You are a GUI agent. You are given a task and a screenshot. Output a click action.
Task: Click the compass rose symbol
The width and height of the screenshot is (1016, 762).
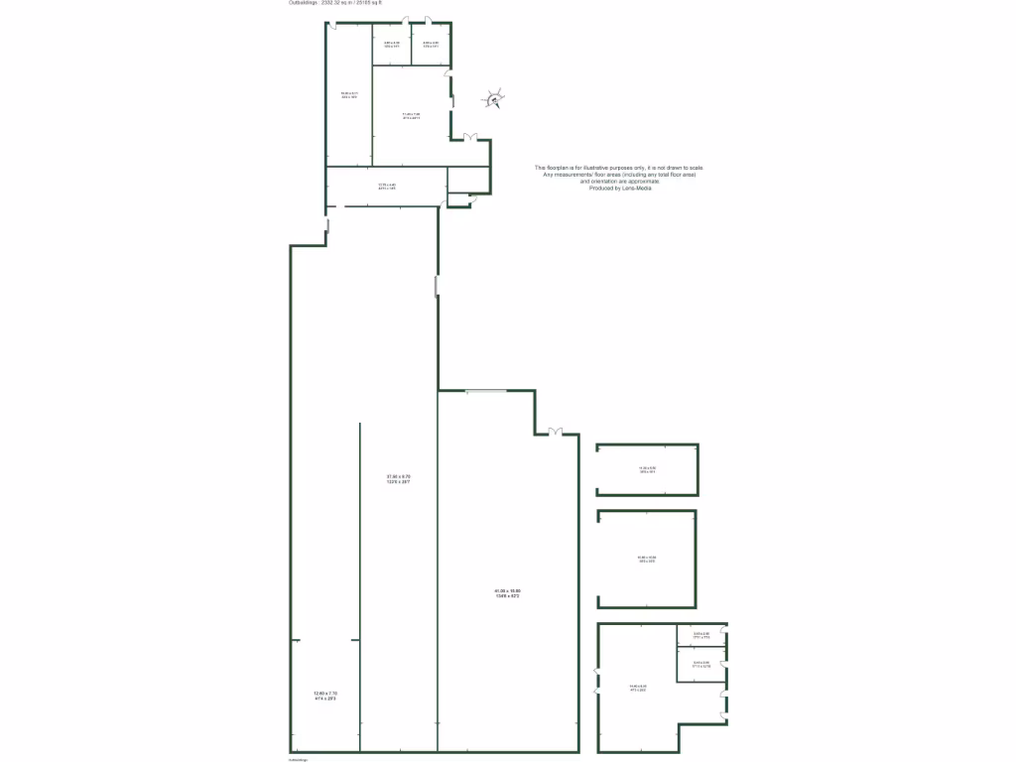click(x=495, y=98)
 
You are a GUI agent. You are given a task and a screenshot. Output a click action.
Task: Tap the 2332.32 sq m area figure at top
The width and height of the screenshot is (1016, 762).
click(x=328, y=3)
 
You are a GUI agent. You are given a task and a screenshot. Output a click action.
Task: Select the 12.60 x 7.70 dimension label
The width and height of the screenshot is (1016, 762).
click(x=326, y=695)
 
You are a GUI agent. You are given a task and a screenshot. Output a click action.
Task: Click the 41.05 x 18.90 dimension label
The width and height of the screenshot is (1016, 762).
click(x=507, y=593)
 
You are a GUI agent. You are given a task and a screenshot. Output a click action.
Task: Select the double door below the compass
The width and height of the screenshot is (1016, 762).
click(x=473, y=137)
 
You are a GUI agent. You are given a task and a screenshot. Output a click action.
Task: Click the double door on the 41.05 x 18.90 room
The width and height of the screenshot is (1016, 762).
click(x=555, y=432)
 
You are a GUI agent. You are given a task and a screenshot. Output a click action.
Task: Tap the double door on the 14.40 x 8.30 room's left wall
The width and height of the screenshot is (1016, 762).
click(x=598, y=681)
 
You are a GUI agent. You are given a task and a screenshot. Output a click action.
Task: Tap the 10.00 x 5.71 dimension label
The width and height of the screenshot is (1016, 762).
click(x=348, y=96)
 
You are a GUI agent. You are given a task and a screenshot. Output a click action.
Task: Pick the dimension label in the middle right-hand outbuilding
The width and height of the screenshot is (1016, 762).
click(x=646, y=559)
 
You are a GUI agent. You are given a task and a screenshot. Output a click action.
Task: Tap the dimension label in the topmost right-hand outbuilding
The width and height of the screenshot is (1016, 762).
click(x=647, y=470)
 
